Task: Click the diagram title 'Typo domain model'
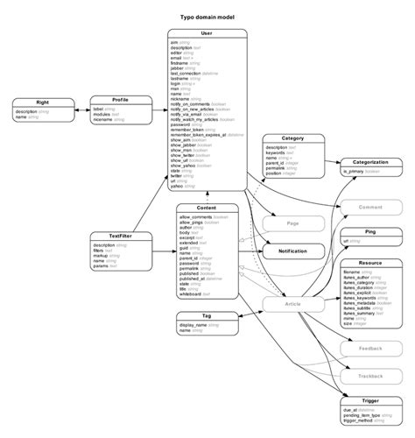207,18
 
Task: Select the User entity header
207,33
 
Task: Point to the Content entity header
207,208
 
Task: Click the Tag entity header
207,315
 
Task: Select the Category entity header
292,138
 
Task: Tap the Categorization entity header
370,162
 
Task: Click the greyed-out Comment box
370,208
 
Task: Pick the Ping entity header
370,231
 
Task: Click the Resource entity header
370,263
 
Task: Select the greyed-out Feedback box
370,348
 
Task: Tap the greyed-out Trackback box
370,376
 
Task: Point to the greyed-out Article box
292,304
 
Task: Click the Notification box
292,251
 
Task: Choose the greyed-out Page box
292,223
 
